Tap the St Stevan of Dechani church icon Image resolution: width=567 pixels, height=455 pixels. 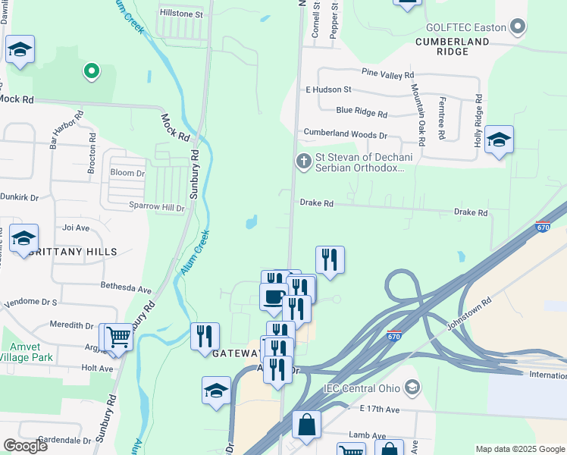303,161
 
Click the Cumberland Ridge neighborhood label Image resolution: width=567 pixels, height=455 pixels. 452,45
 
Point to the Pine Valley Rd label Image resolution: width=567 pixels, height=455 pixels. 387,74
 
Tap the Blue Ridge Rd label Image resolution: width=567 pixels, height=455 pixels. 362,111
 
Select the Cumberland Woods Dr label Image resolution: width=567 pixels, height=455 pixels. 345,133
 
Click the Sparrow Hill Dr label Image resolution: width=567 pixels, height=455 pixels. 158,207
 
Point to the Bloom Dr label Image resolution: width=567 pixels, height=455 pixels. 127,173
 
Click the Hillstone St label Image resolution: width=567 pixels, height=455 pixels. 180,14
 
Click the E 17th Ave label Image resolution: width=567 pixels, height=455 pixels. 379,409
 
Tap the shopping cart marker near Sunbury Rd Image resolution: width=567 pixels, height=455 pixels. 117,335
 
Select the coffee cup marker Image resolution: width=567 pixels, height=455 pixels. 274,295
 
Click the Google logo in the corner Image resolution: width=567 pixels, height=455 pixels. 25,446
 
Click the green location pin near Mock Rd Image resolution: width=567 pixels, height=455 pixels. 91,71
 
